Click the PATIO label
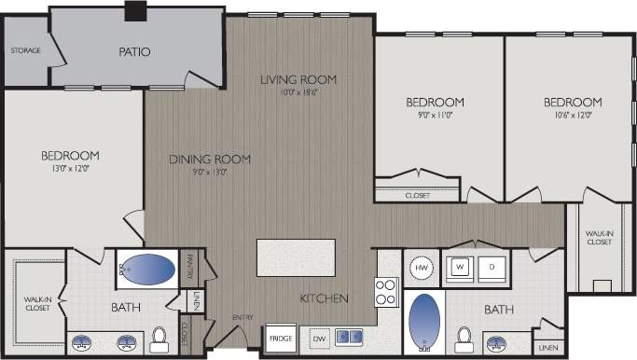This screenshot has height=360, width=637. click(x=135, y=52)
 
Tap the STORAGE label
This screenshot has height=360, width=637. click(x=25, y=50)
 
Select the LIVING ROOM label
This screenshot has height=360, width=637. click(x=298, y=79)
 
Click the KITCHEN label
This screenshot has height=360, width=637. click(x=324, y=298)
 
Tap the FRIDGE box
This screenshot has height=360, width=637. click(x=279, y=338)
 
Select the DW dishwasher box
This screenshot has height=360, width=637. click(x=318, y=338)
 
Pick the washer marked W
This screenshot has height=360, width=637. click(x=460, y=266)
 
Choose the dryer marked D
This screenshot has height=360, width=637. click(x=492, y=266)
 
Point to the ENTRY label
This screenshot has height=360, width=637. click(x=242, y=318)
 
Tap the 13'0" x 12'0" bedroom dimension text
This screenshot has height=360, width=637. click(x=70, y=170)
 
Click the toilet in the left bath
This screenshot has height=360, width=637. click(x=159, y=336)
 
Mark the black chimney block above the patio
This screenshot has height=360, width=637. click(x=136, y=10)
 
